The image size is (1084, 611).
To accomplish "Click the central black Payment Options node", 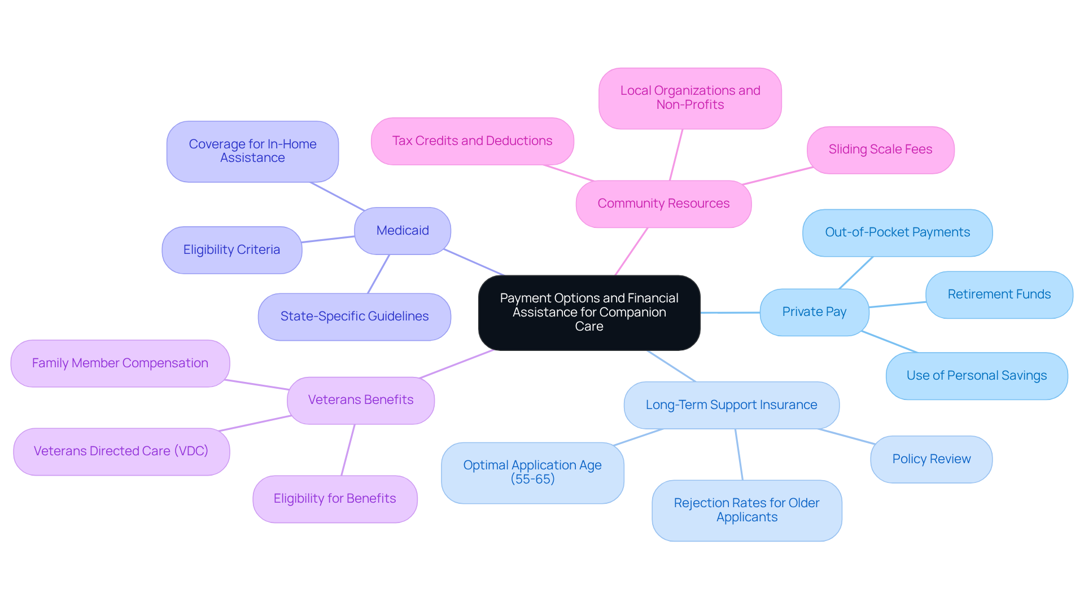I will pyautogui.click(x=589, y=313).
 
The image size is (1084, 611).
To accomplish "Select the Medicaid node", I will pyautogui.click(x=403, y=231).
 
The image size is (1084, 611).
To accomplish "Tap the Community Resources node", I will pyautogui.click(x=663, y=204).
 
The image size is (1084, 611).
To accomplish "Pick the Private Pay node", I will pyautogui.click(x=814, y=312).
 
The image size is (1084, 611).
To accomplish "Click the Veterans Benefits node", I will pyautogui.click(x=361, y=400).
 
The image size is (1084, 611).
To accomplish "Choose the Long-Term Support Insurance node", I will pyautogui.click(x=731, y=405).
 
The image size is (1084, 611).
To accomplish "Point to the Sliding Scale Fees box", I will pyautogui.click(x=880, y=150).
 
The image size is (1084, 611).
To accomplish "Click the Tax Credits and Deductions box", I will pyautogui.click(x=472, y=141).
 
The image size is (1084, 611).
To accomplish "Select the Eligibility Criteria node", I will pyautogui.click(x=231, y=250).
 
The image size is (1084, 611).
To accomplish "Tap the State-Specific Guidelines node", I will pyautogui.click(x=354, y=317).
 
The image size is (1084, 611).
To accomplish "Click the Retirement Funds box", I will pyautogui.click(x=999, y=294).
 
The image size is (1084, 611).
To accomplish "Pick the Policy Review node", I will pyautogui.click(x=931, y=459).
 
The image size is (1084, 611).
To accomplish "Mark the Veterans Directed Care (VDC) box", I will pyautogui.click(x=121, y=451).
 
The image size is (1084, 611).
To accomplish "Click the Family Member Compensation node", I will pyautogui.click(x=120, y=363).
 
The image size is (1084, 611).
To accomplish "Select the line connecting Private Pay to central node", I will pyautogui.click(x=730, y=313).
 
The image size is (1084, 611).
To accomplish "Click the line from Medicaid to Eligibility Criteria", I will pyautogui.click(x=328, y=240).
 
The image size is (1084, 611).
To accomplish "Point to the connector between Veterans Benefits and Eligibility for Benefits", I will pyautogui.click(x=348, y=450).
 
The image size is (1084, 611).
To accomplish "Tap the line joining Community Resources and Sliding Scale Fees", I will pyautogui.click(x=777, y=176).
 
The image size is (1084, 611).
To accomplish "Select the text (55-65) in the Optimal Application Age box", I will pyautogui.click(x=532, y=480).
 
